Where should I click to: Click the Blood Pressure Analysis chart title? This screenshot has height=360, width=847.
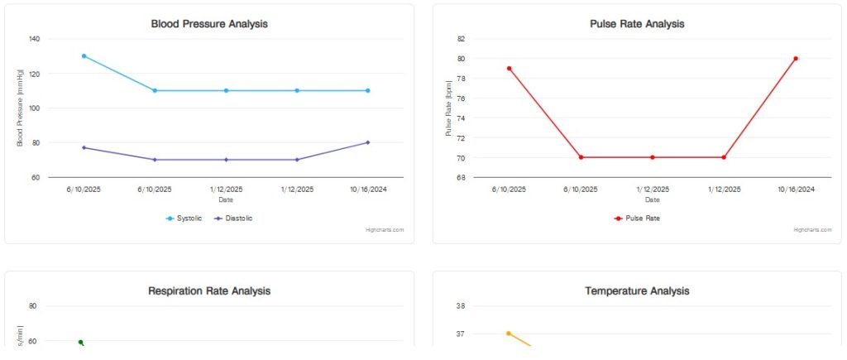coord(209,24)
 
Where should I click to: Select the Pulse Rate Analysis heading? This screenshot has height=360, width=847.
coord(637,24)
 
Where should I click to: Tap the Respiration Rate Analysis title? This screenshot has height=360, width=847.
coord(209,291)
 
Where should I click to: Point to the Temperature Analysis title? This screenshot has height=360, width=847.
coord(637,291)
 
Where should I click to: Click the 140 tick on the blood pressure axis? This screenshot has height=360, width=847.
coord(34,39)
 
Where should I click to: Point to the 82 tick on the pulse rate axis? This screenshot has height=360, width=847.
coord(462,39)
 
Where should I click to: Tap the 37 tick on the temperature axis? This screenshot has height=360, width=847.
coord(462,334)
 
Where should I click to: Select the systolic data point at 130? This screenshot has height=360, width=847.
coord(84,56)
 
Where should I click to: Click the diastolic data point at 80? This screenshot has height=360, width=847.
coord(367,142)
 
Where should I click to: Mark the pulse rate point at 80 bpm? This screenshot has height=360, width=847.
coord(796,59)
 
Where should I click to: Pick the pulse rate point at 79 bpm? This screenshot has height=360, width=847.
coord(509,69)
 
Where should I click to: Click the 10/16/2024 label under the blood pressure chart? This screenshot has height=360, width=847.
coord(367,190)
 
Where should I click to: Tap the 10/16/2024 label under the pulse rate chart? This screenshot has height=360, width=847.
coord(796,190)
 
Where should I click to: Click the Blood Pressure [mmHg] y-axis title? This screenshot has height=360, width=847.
coord(20,108)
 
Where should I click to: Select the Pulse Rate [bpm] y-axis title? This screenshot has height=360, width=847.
coord(448,108)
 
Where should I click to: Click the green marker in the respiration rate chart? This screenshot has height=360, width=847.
coord(81,342)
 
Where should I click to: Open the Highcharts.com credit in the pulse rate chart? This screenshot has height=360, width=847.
coord(812,230)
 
